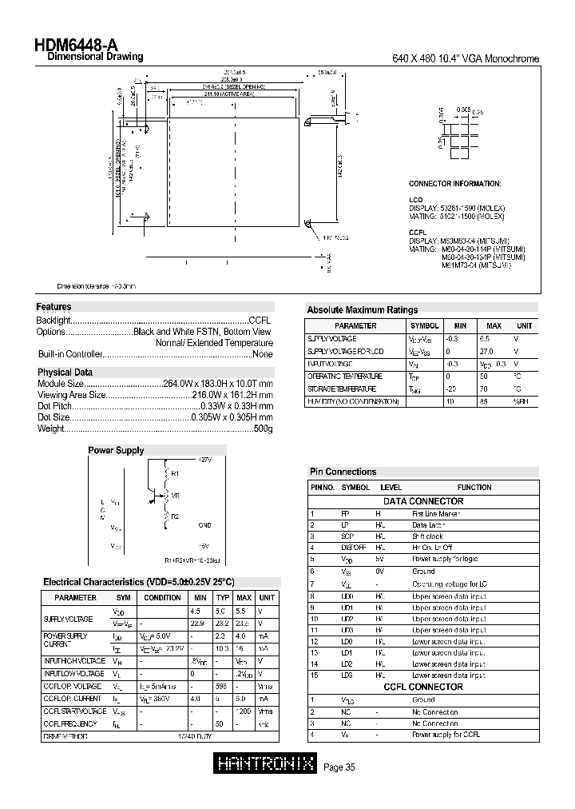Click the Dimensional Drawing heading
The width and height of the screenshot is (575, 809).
tap(95, 58)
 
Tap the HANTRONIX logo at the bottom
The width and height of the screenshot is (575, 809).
tap(266, 765)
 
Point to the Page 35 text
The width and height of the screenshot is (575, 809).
tap(339, 767)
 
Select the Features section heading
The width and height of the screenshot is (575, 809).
tap(54, 307)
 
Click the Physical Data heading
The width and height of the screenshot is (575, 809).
tap(65, 373)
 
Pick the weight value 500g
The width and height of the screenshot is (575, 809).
tap(263, 429)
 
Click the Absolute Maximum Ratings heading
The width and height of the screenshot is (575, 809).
tap(362, 310)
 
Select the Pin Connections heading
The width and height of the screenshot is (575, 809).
tap(343, 472)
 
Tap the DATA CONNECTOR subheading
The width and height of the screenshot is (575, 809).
tap(423, 501)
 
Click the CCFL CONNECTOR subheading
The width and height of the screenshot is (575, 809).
tap(423, 687)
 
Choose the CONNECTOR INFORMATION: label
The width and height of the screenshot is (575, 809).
tap(454, 184)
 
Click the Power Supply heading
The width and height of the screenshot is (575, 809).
tap(116, 451)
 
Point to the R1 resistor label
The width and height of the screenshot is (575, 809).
tap(175, 473)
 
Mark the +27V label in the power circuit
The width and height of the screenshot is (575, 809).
tap(204, 460)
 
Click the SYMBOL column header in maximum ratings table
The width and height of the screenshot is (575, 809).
tap(424, 326)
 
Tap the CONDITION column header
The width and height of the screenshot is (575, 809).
tap(163, 597)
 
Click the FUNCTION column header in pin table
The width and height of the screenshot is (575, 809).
tap(474, 487)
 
